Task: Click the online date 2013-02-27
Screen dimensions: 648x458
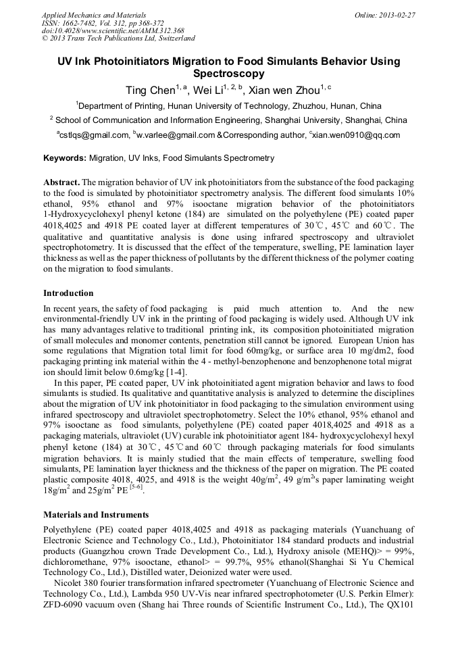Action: [x=397, y=14]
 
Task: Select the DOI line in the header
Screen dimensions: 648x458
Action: [x=113, y=30]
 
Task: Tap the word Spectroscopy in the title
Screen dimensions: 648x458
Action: [x=229, y=74]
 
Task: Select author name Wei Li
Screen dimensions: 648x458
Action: [x=206, y=91]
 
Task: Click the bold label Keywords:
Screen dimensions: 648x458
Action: [x=64, y=159]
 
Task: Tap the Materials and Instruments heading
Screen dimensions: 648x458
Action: [x=96, y=515]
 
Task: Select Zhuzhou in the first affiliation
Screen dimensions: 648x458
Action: [x=307, y=106]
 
